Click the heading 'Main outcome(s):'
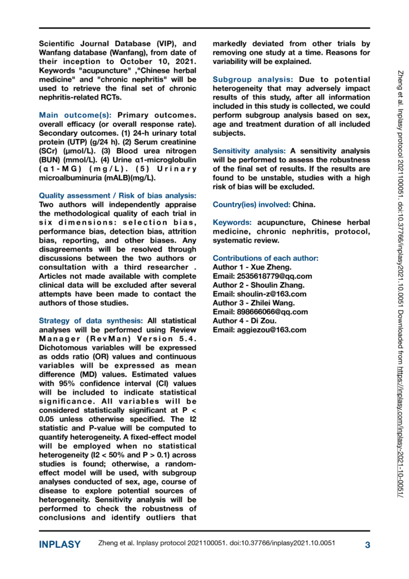tap(76, 115)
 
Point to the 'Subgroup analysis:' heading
tap(253, 80)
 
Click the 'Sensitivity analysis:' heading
tap(249, 151)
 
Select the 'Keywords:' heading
tap(233, 222)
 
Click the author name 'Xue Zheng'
tap(272, 267)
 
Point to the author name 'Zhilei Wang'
tap(273, 303)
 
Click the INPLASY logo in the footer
tap(60, 545)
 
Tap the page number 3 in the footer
tap(367, 545)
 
